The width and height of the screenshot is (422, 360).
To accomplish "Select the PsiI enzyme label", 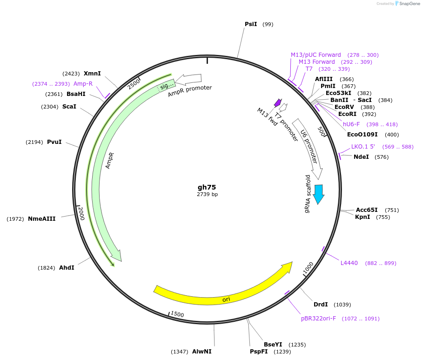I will pyautogui.click(x=251, y=24).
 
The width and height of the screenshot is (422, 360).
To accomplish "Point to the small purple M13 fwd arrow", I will pyautogui.click(x=278, y=102).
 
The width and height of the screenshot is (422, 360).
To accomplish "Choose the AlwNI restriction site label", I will pyautogui.click(x=201, y=352).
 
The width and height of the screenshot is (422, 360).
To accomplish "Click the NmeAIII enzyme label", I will pyautogui.click(x=42, y=219).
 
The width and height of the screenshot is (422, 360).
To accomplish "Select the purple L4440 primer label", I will pyautogui.click(x=349, y=263).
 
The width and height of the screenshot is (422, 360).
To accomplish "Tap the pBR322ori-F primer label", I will pyautogui.click(x=318, y=319).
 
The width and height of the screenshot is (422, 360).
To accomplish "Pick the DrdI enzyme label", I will pyautogui.click(x=321, y=305).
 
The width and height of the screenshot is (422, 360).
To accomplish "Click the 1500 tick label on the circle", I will pyautogui.click(x=177, y=314).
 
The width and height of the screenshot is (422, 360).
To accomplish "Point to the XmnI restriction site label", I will pyautogui.click(x=92, y=74).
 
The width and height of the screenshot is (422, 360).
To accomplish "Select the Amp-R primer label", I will pyautogui.click(x=83, y=84).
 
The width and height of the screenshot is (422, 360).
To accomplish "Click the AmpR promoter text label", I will pyautogui.click(x=190, y=91).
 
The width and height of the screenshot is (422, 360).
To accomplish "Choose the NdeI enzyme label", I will pyautogui.click(x=361, y=157).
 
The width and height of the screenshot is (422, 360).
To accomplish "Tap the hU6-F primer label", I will pyautogui.click(x=351, y=124).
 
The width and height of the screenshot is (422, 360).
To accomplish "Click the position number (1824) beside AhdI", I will pyautogui.click(x=47, y=268).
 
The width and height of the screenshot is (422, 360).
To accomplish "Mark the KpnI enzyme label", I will pyautogui.click(x=362, y=217).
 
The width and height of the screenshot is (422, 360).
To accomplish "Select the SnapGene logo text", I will pyautogui.click(x=408, y=4).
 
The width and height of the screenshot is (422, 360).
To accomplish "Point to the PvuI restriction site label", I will pyautogui.click(x=54, y=142).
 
